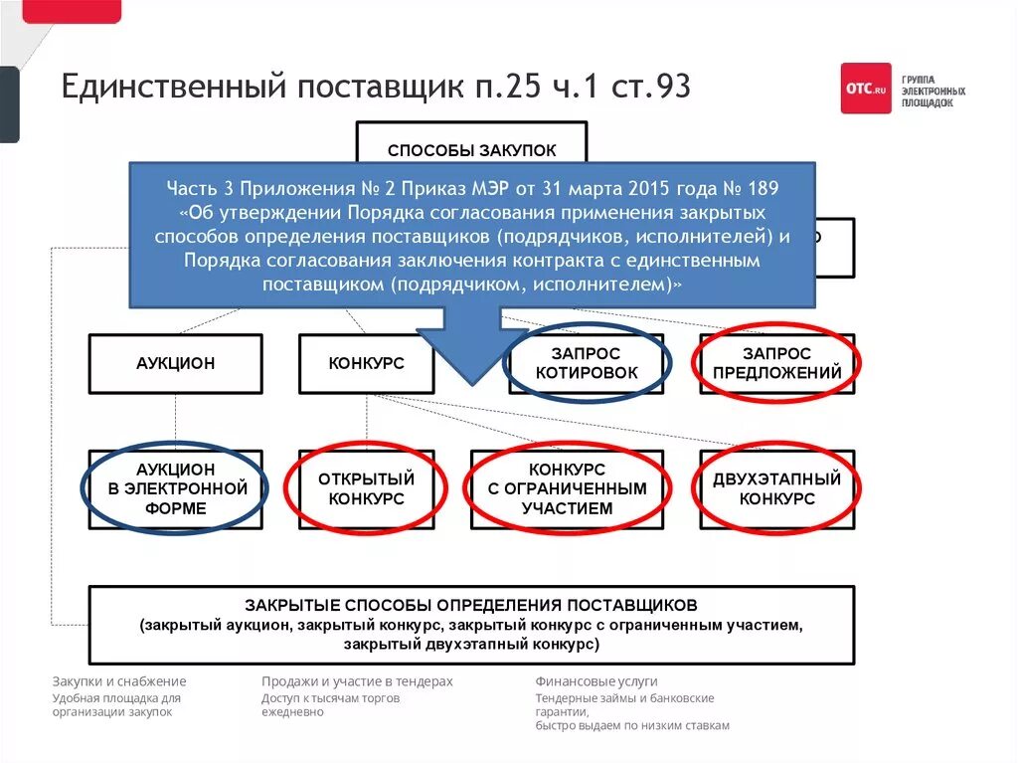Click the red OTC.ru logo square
866,89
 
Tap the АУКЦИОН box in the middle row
175,364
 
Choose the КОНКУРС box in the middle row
366,364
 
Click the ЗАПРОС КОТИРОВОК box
587,364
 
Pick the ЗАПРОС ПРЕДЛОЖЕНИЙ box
777,364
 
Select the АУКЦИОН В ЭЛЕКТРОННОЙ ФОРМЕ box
175,488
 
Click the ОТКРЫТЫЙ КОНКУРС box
366,488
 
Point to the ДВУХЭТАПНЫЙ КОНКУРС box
777,488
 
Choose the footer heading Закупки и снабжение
119,681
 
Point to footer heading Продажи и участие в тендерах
357,681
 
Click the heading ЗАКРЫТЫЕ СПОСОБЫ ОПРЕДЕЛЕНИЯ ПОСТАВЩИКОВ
471,605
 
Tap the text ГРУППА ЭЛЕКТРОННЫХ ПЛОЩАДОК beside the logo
933,90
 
